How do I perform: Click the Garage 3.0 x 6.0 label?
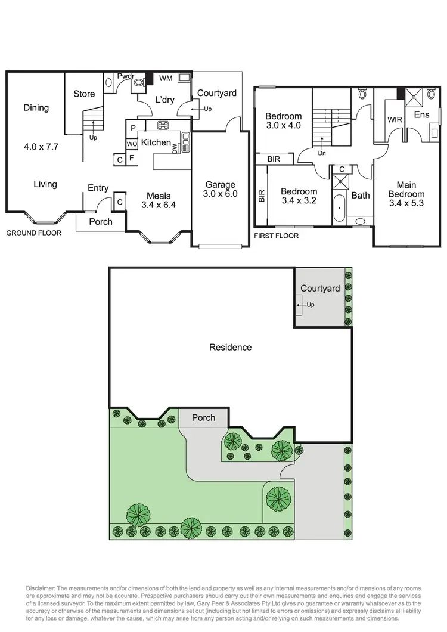[221, 190]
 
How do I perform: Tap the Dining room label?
[36, 108]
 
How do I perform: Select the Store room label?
[84, 94]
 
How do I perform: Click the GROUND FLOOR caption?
[33, 233]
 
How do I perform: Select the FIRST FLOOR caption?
[276, 236]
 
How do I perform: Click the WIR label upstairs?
[395, 120]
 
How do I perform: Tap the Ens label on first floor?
[421, 114]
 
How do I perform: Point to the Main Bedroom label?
[406, 190]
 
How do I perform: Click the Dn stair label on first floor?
[322, 152]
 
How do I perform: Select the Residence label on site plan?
[230, 347]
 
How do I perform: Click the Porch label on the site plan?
[203, 417]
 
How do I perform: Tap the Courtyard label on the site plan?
[320, 289]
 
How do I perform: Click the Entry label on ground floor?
[98, 188]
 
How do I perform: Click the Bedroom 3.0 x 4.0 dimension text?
[284, 126]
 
